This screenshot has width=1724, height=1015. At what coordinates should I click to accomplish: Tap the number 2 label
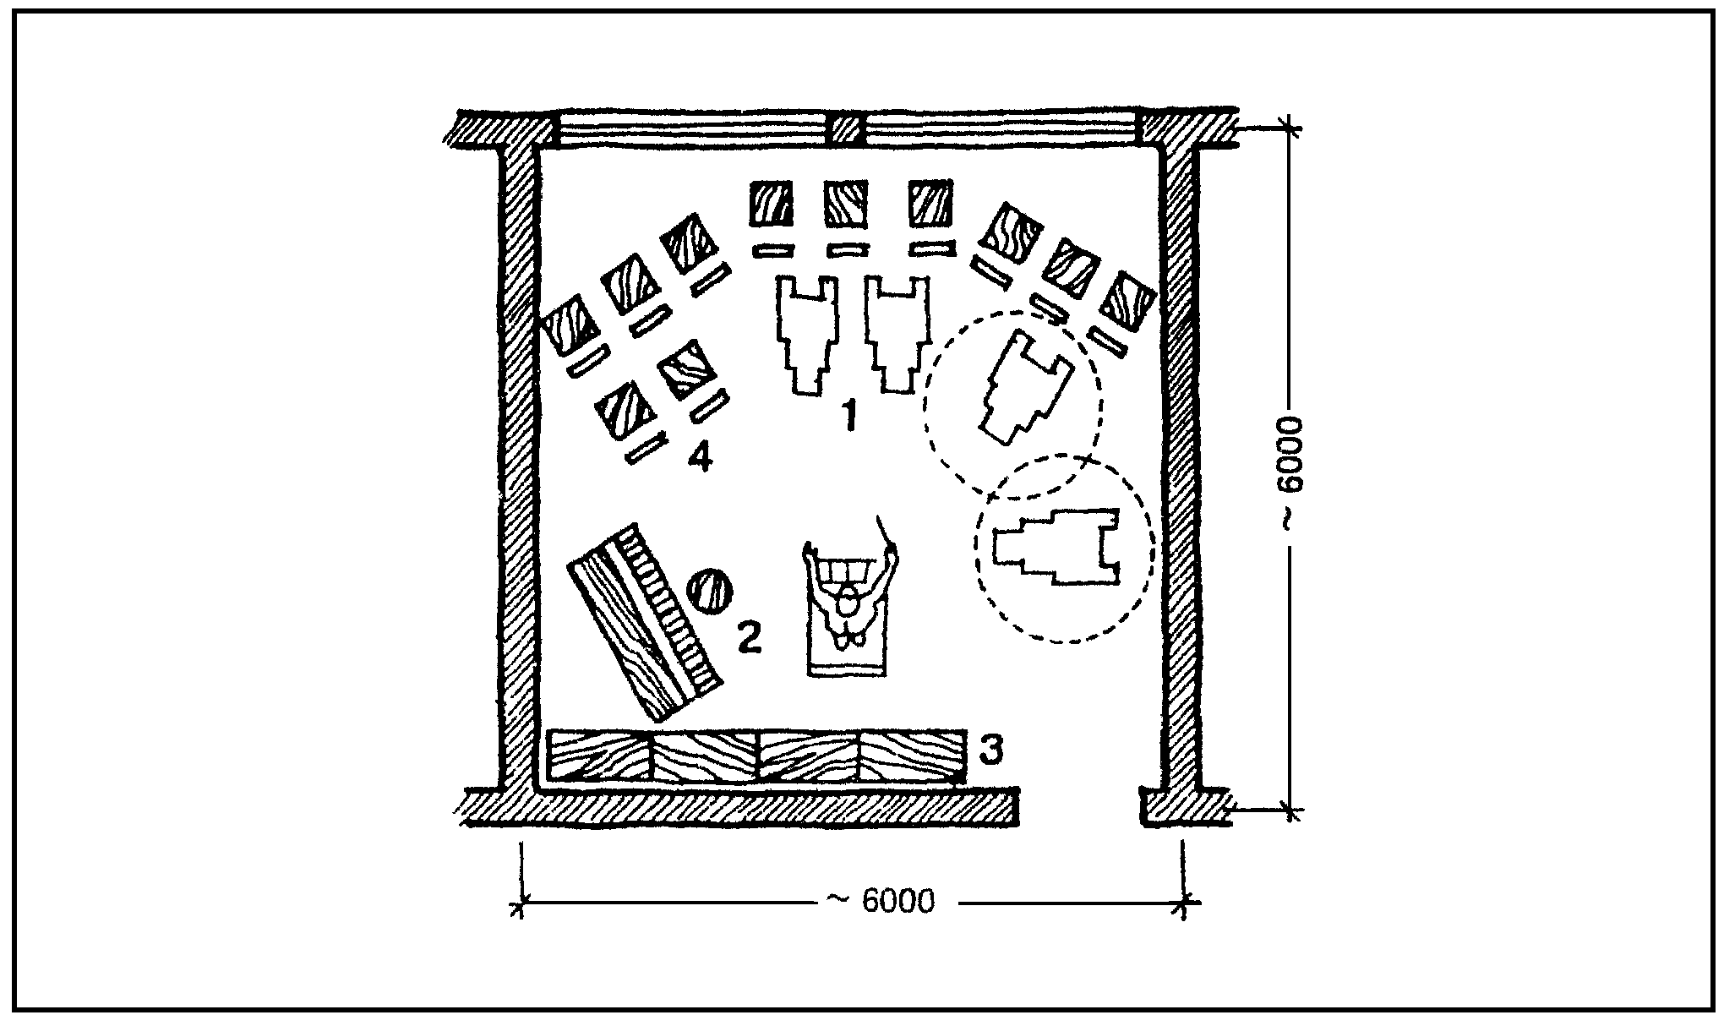point(750,636)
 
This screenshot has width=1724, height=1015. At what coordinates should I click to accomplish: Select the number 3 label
point(990,749)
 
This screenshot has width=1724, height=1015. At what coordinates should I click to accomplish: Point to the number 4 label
point(700,459)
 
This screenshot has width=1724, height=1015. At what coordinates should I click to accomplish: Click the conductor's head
point(847,605)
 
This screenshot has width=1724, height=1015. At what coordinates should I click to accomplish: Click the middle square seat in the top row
point(846,203)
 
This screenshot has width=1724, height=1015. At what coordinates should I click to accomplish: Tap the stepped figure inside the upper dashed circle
point(1023,390)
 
